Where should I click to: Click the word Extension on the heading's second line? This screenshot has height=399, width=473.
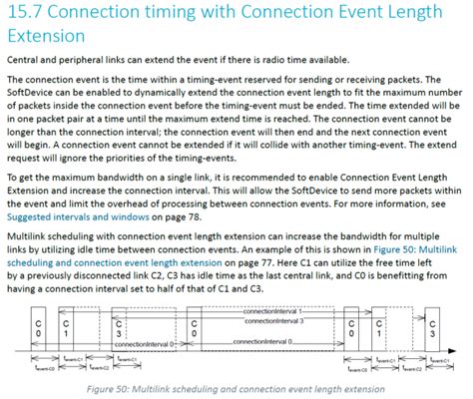46,37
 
